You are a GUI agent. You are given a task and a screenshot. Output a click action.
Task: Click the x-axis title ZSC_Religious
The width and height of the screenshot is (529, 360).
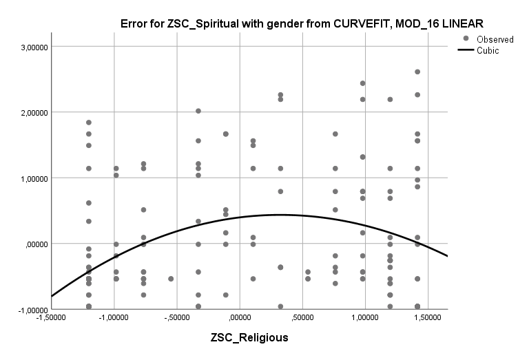249,338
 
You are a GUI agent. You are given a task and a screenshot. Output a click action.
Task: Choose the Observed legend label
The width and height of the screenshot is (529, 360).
495,39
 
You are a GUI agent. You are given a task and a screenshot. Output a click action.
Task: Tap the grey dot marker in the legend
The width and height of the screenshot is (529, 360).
466,39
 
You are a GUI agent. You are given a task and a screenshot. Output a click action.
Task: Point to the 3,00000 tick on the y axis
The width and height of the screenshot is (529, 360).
32,47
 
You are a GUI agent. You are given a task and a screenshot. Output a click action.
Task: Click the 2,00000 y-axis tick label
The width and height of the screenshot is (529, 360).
32,112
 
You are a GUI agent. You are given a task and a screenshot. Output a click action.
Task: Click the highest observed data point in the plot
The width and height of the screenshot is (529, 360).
417,72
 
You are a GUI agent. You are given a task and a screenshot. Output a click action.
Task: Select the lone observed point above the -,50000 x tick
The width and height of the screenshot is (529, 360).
171,279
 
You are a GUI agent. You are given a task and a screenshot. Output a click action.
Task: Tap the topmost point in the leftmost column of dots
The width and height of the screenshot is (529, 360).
89,123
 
